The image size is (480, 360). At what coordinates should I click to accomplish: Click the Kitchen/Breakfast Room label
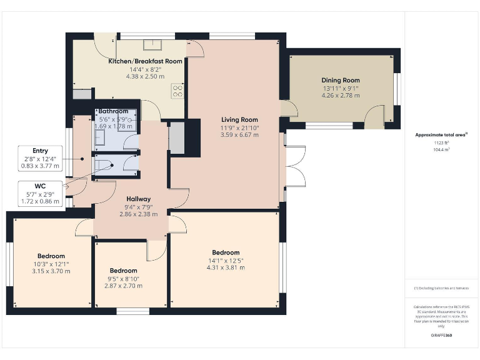click(146, 61)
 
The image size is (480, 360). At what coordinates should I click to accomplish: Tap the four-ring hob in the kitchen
click(177, 92)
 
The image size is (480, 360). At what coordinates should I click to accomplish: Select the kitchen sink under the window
click(152, 45)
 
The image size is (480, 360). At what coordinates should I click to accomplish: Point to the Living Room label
click(239, 119)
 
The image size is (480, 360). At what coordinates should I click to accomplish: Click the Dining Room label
click(341, 80)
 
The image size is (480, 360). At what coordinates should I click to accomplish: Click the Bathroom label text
click(113, 111)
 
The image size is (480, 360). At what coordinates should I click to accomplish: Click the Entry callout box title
click(40, 151)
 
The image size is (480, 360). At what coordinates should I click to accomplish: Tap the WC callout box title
click(40, 186)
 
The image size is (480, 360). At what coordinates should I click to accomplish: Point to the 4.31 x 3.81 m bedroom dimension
click(225, 267)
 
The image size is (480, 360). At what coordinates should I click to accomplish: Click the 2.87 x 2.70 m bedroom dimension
click(123, 286)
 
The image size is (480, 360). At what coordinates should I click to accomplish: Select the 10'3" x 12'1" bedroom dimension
click(51, 264)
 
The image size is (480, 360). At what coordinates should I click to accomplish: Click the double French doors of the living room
click(294, 166)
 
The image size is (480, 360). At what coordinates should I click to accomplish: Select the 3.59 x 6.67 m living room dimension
click(239, 135)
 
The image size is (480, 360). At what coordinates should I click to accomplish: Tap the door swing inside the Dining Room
click(376, 116)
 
